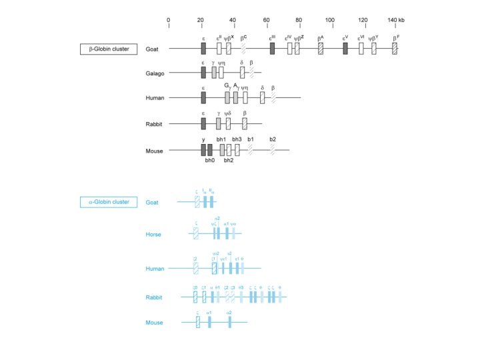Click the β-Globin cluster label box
tap(105, 49)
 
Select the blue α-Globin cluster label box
tap(105, 202)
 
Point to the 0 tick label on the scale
tap(169, 20)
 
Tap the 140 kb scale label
tap(399, 20)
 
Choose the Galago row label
tap(155, 73)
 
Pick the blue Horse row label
tap(153, 234)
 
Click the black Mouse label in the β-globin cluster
tap(154, 151)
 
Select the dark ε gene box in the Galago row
tap(203, 72)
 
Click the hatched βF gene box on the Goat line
tap(395, 49)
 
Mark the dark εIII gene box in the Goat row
tap(272, 49)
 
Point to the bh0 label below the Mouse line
tap(209, 161)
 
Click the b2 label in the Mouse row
tap(273, 139)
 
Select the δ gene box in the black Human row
tap(263, 98)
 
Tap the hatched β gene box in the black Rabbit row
tap(245, 123)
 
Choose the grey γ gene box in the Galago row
tap(214, 72)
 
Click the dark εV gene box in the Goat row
tap(345, 49)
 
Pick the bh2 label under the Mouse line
tap(228, 161)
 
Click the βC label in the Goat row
tap(244, 39)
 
